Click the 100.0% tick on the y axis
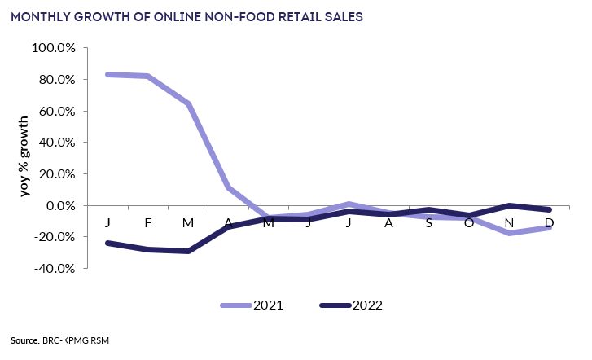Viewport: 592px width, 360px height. pyautogui.click(x=54, y=48)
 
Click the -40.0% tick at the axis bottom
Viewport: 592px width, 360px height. pyautogui.click(x=54, y=268)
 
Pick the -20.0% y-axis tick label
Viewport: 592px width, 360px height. pyautogui.click(x=54, y=237)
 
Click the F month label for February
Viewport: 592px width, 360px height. pyautogui.click(x=148, y=222)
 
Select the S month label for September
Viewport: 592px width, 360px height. pyautogui.click(x=428, y=222)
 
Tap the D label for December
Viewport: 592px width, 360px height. pyautogui.click(x=549, y=222)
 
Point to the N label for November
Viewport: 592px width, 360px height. pyautogui.click(x=509, y=222)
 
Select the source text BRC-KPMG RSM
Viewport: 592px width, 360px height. pyautogui.click(x=74, y=340)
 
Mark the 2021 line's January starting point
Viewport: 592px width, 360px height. pyautogui.click(x=107, y=74)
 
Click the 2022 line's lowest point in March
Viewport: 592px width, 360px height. pyautogui.click(x=188, y=251)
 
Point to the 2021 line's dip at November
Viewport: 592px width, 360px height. pyautogui.click(x=509, y=233)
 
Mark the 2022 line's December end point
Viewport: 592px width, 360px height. pyautogui.click(x=550, y=209)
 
